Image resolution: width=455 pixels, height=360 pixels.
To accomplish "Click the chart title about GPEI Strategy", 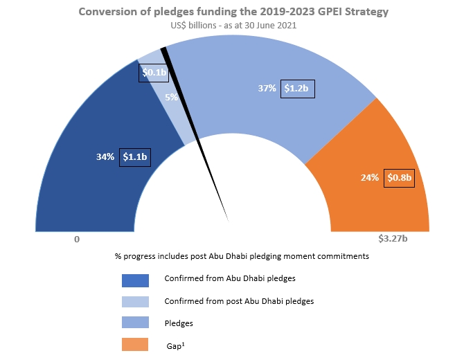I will (x=233, y=12).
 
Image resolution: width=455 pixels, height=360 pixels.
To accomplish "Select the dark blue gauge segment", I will (x=83, y=187).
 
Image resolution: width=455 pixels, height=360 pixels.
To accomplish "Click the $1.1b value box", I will (x=134, y=157).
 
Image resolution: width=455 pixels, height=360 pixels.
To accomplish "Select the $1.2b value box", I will (x=298, y=89).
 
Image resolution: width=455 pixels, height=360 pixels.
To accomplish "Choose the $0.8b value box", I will (x=399, y=177).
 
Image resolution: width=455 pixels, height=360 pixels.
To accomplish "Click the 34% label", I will (x=105, y=157).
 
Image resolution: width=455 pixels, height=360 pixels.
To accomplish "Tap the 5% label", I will (x=170, y=98).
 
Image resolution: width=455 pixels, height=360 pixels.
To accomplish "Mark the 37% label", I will (x=265, y=89).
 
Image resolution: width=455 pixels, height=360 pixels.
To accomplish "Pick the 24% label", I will (x=370, y=178).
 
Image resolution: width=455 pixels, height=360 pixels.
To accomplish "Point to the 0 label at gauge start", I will (x=77, y=239).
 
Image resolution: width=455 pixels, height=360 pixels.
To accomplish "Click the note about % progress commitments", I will (x=242, y=256).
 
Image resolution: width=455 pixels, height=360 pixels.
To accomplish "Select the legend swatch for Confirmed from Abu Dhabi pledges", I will (x=135, y=280).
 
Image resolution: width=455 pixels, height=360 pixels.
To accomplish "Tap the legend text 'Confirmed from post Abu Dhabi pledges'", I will (x=239, y=301).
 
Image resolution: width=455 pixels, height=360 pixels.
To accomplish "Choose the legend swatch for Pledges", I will (x=135, y=323).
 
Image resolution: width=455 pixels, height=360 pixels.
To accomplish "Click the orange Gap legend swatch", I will (x=135, y=345).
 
